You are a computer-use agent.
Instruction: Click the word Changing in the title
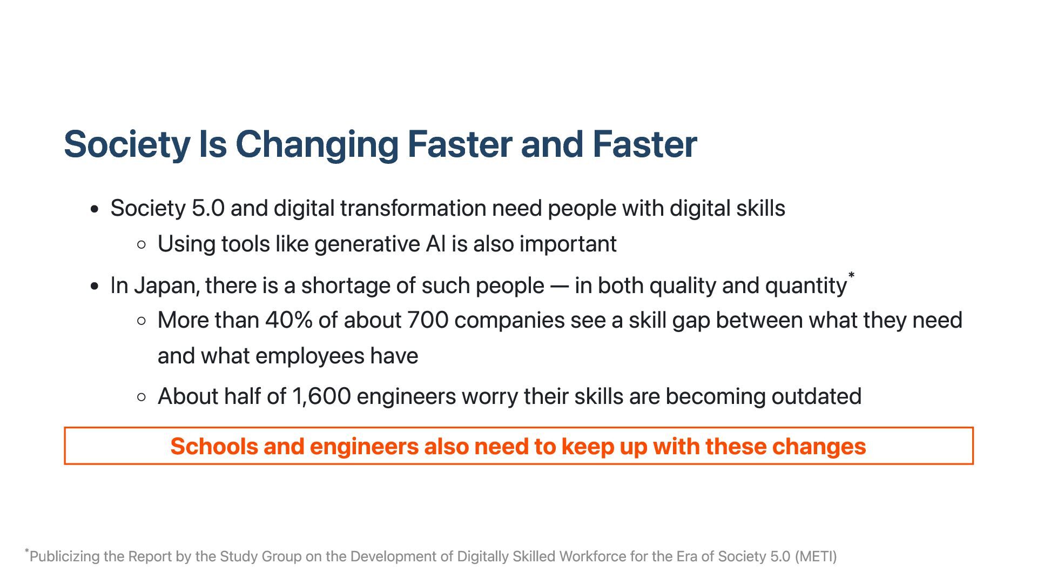[x=317, y=145]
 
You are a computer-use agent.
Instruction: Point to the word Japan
[x=166, y=286]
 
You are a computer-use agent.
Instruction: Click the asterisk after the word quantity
[x=851, y=276]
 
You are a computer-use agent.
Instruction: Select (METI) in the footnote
[x=816, y=556]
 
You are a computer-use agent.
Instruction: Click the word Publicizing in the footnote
[x=64, y=556]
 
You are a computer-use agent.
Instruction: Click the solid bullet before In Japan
[x=95, y=286]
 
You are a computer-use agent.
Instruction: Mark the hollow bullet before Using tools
[x=142, y=245]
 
